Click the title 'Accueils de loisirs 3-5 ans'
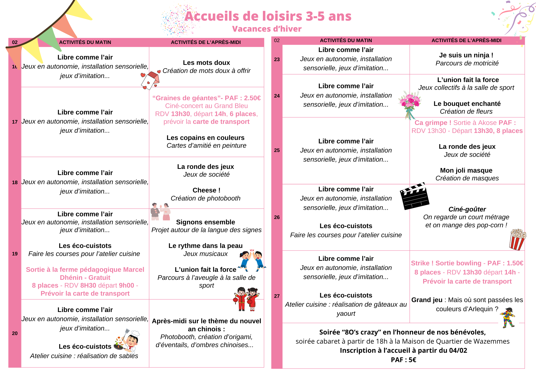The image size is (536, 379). point(268,16)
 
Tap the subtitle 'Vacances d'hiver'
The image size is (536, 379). point(267,29)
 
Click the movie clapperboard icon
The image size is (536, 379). point(414,196)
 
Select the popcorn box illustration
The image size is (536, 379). point(517,239)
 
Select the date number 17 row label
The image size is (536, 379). point(15,122)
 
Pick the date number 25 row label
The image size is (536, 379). point(277,150)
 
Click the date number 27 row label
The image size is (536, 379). point(277,296)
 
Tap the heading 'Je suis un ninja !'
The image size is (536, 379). point(466,55)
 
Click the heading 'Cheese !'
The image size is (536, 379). point(206,190)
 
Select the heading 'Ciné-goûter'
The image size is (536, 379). point(467,209)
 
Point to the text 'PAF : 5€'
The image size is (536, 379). point(403,360)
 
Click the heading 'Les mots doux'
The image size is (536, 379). point(206,63)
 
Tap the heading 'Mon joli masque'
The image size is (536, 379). point(466,170)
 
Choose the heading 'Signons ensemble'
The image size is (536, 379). point(206,222)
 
